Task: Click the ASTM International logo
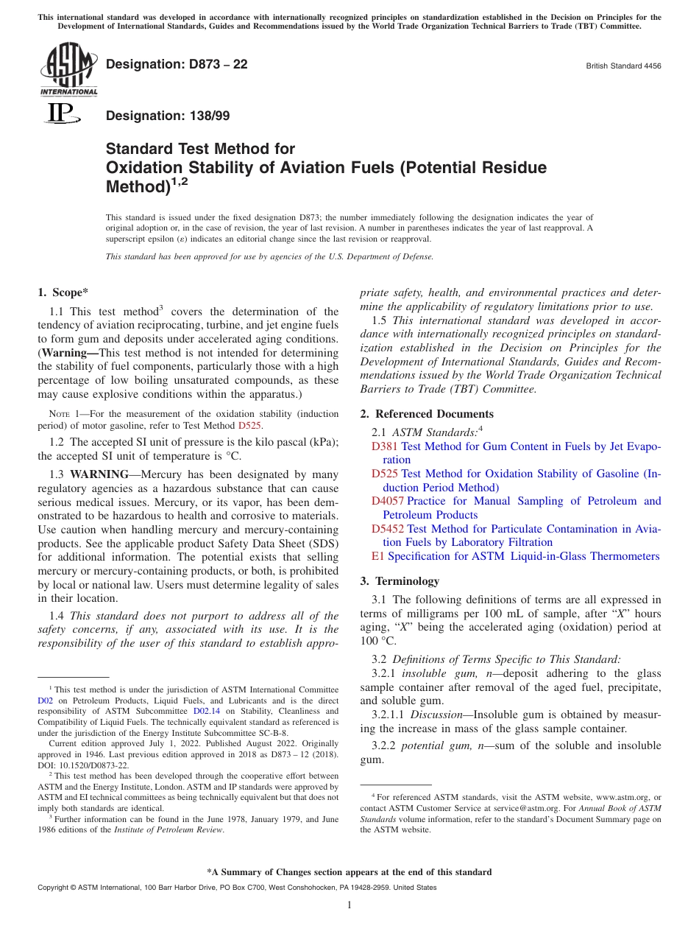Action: pyautogui.click(x=68, y=69)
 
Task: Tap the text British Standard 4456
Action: pyautogui.click(x=623, y=66)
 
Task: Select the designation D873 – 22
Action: pyautogui.click(x=177, y=65)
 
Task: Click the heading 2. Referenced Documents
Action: pyautogui.click(x=427, y=414)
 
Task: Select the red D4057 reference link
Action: pyautogui.click(x=387, y=501)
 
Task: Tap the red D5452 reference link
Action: pyautogui.click(x=387, y=529)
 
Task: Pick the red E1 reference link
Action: pyautogui.click(x=377, y=556)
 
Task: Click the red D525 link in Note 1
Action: pyautogui.click(x=250, y=426)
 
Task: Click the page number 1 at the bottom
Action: pyautogui.click(x=349, y=905)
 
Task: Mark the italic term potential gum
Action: pyautogui.click(x=433, y=745)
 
